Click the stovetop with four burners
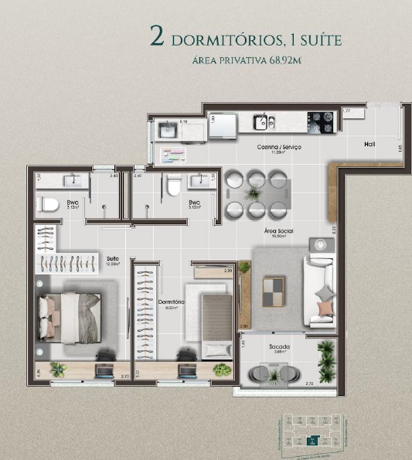321,121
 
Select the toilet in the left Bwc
48,205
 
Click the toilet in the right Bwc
175,186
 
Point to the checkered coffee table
274,291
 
